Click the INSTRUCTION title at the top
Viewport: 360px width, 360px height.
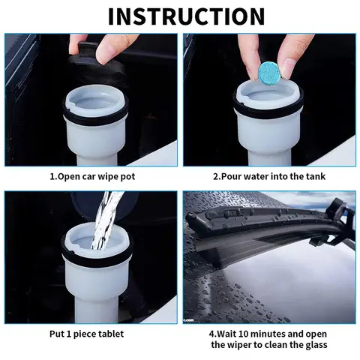point(180,16)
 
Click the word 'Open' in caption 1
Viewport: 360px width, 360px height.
point(73,177)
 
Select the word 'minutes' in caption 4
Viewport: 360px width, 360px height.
point(273,332)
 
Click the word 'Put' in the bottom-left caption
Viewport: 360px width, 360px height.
point(58,334)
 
